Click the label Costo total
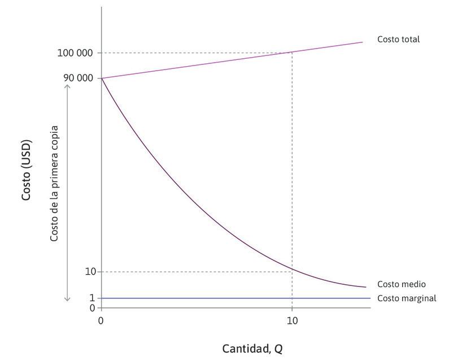399,40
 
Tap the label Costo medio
401,284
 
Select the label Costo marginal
407,298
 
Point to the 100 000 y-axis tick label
75,53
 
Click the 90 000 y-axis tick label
78,78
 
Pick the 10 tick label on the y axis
90,272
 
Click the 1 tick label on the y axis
92,298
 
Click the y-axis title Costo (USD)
27,169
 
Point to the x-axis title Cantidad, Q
252,348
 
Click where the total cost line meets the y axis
102,78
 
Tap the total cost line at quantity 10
291,53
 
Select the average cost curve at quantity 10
291,267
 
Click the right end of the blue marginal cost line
370,298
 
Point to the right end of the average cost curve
366,287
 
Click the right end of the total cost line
362,42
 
